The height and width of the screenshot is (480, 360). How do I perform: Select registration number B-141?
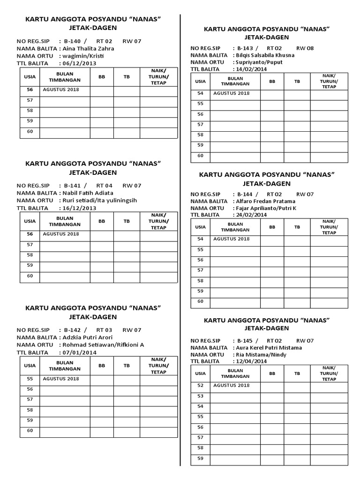coord(73,186)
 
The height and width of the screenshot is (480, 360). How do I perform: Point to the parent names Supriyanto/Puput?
coord(260,62)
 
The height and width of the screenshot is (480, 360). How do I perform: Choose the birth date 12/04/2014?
coord(253,361)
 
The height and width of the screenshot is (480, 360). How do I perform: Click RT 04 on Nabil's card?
coord(105,186)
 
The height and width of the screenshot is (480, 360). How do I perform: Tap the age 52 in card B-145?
coord(200,385)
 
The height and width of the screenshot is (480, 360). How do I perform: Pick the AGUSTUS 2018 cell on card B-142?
coord(61,379)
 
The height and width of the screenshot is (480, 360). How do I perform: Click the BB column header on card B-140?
coord(102,77)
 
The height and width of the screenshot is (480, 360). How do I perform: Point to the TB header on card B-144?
coord(297,227)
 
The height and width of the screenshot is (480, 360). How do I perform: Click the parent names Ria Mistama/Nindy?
coord(258,354)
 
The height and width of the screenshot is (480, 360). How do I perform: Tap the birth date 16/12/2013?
coord(79,208)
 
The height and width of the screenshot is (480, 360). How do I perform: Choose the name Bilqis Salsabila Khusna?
coord(265,55)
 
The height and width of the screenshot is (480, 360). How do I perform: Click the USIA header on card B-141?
coord(30,221)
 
